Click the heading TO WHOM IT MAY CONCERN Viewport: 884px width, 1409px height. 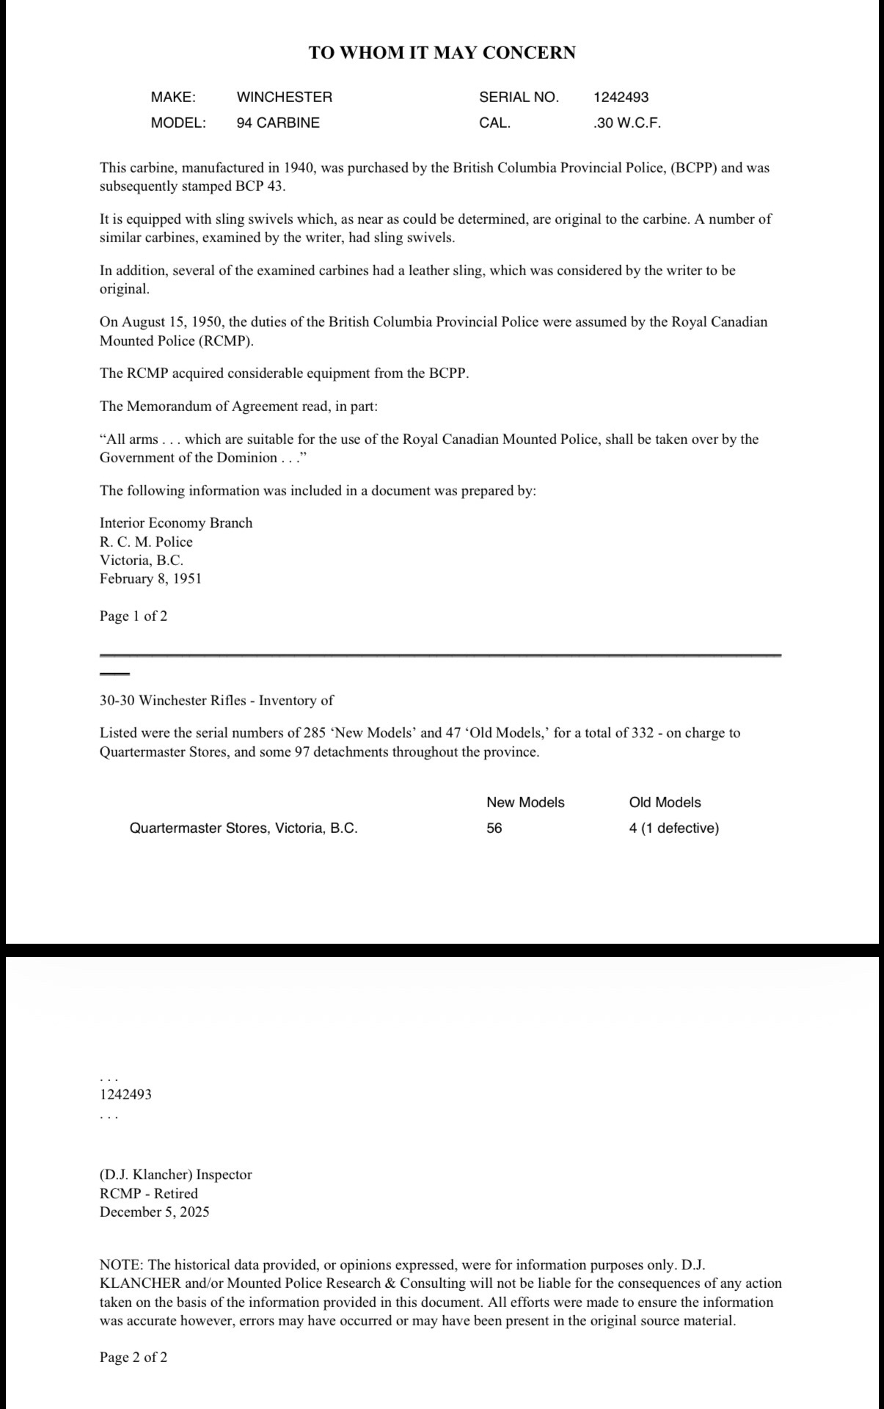tap(442, 53)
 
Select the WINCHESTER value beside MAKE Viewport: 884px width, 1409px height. tap(284, 97)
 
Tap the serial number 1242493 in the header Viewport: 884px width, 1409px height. tap(621, 97)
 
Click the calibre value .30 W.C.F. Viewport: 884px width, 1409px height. tap(627, 123)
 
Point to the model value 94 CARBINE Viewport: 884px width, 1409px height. tap(278, 123)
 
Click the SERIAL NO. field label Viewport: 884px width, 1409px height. tap(519, 97)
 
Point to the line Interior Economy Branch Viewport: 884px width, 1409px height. tap(176, 523)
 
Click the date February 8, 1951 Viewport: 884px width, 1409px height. tap(150, 579)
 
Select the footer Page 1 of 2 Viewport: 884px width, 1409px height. tap(134, 616)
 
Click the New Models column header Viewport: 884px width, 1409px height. tap(525, 803)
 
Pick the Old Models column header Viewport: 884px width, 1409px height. tap(665, 803)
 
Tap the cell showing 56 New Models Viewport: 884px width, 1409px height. tap(494, 829)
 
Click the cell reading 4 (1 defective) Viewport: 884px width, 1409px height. tap(673, 829)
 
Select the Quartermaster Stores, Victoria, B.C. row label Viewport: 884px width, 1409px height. tap(244, 829)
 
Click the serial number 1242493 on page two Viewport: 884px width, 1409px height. tap(125, 1094)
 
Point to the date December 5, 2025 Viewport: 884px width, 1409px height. tap(154, 1212)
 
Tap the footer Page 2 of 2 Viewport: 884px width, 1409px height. tap(134, 1358)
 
